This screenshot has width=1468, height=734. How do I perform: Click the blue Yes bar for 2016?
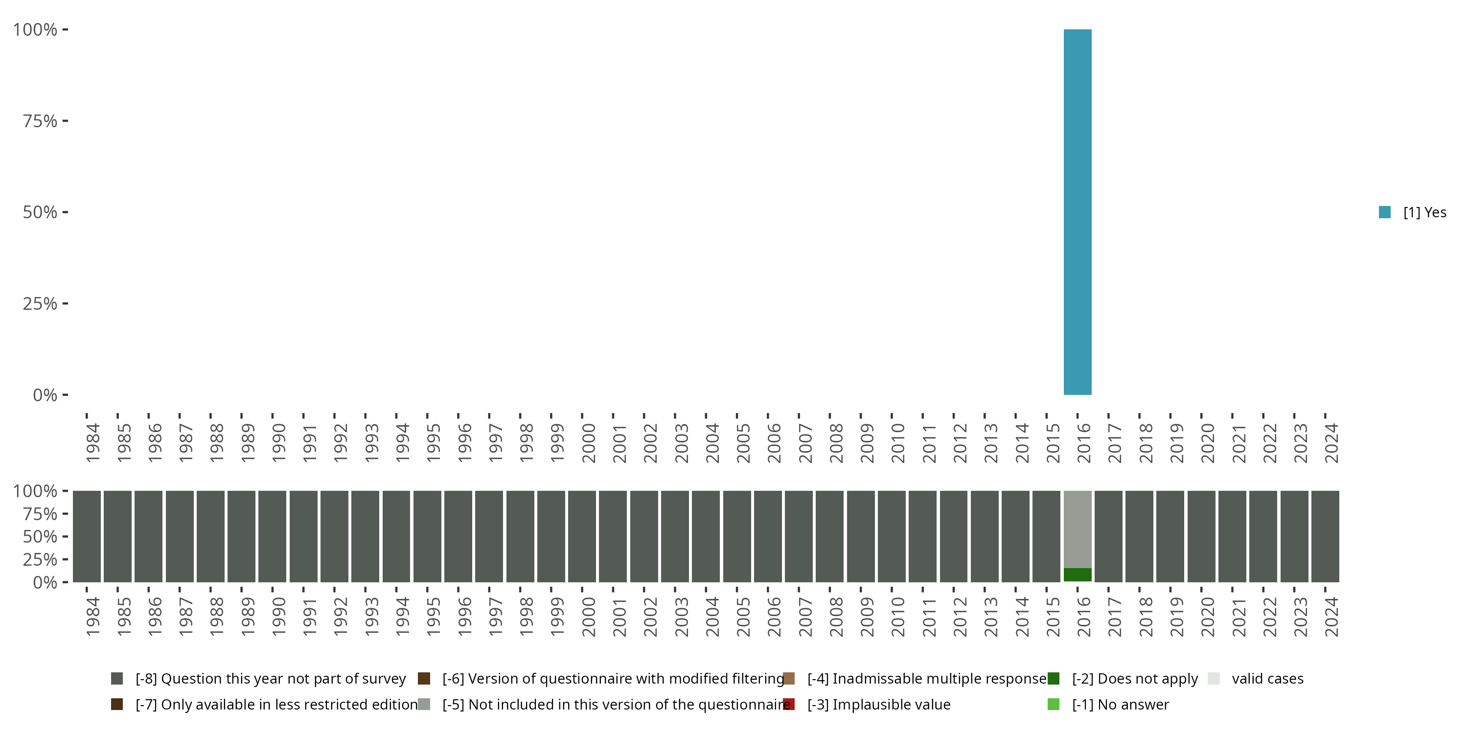(1077, 212)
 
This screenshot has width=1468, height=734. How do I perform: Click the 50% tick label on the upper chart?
(40, 212)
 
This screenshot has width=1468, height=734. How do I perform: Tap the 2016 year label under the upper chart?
(1083, 443)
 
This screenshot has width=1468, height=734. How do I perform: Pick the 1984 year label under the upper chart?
(93, 443)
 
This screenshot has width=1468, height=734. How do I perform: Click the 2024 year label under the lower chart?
(1330, 617)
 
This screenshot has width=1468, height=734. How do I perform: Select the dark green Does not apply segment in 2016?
(1077, 574)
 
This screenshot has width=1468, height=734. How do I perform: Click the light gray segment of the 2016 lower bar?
(1077, 529)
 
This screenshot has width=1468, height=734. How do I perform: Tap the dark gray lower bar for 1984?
(87, 536)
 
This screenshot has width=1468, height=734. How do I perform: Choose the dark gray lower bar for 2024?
(1325, 536)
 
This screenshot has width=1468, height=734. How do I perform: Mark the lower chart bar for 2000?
(582, 536)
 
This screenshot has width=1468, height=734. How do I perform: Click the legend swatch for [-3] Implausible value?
(789, 704)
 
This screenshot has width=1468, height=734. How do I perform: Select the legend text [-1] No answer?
(1120, 704)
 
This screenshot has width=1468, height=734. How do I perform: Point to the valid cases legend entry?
(1267, 679)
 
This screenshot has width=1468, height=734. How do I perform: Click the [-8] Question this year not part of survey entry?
(270, 679)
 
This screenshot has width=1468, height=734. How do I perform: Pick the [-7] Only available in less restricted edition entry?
(276, 704)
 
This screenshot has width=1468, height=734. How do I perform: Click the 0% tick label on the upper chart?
(45, 395)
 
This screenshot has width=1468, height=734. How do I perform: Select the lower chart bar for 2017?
(1108, 536)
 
